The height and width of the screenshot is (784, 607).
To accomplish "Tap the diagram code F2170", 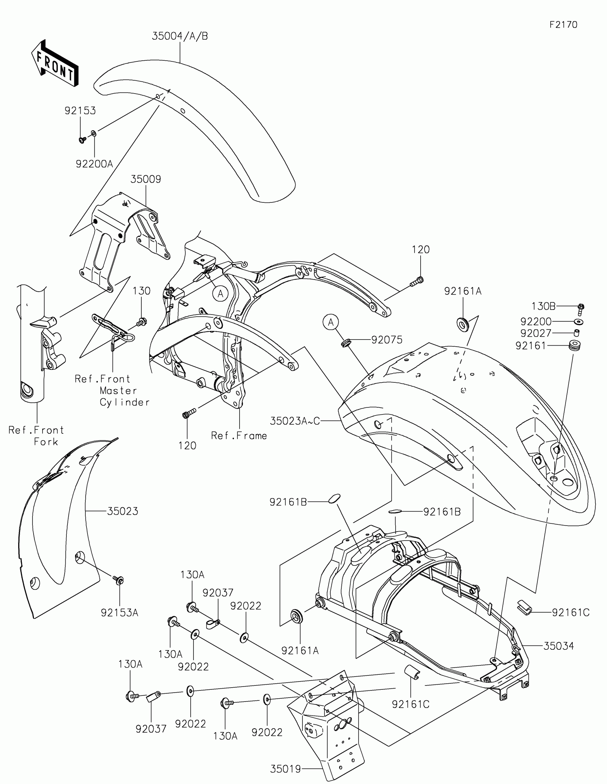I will [x=563, y=25].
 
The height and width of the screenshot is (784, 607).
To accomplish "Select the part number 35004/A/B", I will [x=180, y=36].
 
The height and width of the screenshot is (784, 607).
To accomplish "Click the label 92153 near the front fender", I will [x=80, y=111].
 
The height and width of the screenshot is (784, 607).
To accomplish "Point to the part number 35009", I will [x=145, y=179].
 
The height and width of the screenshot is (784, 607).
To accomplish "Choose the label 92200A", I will [x=94, y=164].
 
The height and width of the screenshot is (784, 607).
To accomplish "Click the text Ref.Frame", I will [x=239, y=436].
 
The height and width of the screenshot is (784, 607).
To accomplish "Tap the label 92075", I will [x=387, y=340].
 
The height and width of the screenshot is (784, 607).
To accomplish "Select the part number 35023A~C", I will [x=295, y=421].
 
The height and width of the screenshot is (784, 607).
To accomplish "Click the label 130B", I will [x=543, y=306].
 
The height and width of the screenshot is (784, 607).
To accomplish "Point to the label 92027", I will [x=536, y=333].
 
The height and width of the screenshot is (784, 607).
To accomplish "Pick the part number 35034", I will [x=558, y=646].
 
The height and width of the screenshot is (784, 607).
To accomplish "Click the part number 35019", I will [x=285, y=766].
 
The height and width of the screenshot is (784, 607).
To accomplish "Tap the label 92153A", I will [x=120, y=613].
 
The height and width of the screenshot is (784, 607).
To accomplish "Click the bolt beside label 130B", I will [x=581, y=308].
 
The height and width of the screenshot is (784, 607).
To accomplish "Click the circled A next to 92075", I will [x=331, y=322].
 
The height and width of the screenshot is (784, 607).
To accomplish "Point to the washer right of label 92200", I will [x=578, y=321].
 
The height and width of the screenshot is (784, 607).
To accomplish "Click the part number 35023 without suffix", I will [x=122, y=511].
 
